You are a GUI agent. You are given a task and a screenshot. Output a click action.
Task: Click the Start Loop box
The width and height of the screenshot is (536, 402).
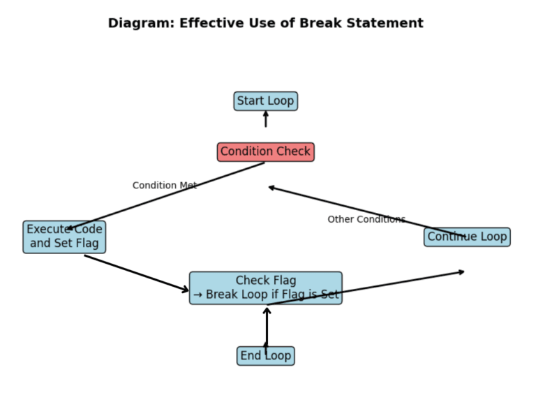pos(265,101)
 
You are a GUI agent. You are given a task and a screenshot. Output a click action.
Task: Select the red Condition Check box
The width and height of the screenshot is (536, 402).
pos(265,152)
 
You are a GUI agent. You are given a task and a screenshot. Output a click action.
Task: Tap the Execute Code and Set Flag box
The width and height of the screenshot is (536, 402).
pos(64,237)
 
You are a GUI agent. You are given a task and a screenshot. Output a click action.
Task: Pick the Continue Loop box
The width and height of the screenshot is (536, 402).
pos(467,237)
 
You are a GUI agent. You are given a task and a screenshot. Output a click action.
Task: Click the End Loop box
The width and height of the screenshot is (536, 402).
pos(265,356)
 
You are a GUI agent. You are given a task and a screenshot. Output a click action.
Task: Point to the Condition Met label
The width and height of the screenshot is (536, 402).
pos(165,186)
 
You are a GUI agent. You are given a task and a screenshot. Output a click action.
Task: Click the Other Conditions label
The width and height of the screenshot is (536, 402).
pos(366,219)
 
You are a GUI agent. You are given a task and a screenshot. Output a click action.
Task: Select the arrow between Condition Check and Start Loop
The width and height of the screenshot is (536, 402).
pos(265,119)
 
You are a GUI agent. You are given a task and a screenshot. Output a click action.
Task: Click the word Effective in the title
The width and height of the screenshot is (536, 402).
pos(211,23)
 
